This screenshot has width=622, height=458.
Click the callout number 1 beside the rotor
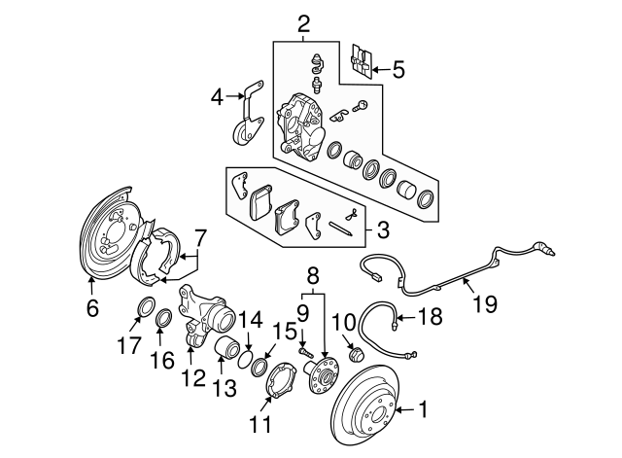[x=423, y=410]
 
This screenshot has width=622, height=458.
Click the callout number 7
[x=200, y=236]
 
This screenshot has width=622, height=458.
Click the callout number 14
[x=250, y=318]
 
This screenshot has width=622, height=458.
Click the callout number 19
[x=483, y=303]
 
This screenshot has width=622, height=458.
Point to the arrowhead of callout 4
[x=236, y=95]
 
